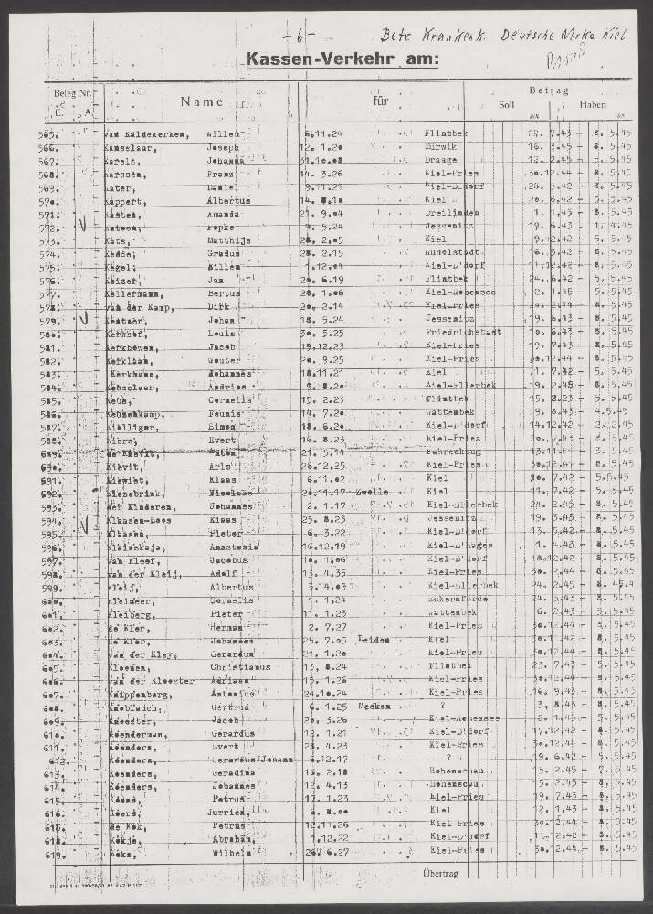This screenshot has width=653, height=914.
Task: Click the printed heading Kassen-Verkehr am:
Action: point(342,61)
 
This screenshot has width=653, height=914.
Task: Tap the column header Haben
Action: point(592,105)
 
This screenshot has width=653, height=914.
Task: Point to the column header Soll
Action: point(506,105)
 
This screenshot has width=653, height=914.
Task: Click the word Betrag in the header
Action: point(548,90)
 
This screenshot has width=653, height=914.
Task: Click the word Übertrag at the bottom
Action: point(445,874)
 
